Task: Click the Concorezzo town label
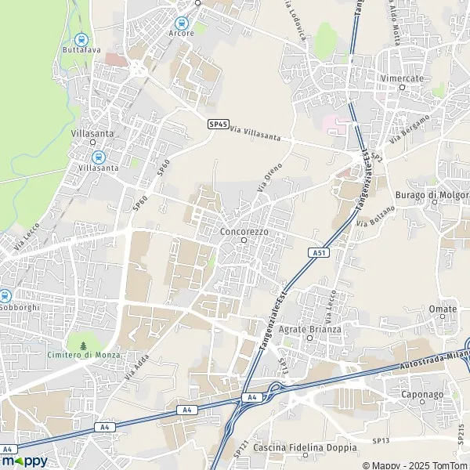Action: pyautogui.click(x=244, y=233)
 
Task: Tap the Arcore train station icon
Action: pyautogui.click(x=182, y=23)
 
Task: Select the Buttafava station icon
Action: pyautogui.click(x=80, y=39)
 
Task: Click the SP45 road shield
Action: pyautogui.click(x=218, y=124)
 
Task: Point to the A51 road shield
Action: pyautogui.click(x=317, y=253)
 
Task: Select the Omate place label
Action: pyautogui.click(x=443, y=309)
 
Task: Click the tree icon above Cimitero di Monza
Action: pyautogui.click(x=83, y=344)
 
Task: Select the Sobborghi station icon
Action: pyautogui.click(x=5, y=296)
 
